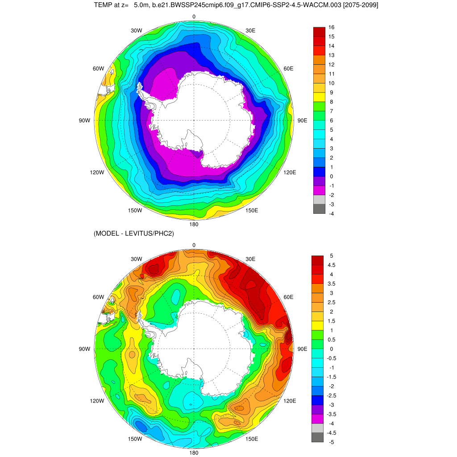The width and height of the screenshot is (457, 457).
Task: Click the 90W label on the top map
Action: (x=84, y=120)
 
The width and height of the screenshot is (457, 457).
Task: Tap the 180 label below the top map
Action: (x=194, y=224)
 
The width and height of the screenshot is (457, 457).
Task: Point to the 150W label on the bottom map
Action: (x=135, y=439)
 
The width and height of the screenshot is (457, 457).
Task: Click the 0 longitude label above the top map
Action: (x=194, y=17)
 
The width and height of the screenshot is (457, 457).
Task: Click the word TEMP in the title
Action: (x=103, y=5)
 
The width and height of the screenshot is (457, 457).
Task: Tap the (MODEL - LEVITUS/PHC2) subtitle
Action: (x=134, y=233)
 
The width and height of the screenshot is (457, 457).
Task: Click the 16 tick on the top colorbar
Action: (x=332, y=27)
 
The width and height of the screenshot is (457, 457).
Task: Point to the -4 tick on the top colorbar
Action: (x=332, y=214)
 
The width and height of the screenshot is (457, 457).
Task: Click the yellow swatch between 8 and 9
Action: (x=319, y=97)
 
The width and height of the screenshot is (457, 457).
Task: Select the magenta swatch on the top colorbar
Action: (x=319, y=191)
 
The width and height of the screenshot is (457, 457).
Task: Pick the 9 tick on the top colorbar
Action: (x=331, y=92)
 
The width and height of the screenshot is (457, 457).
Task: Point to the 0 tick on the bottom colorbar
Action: (x=331, y=349)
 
